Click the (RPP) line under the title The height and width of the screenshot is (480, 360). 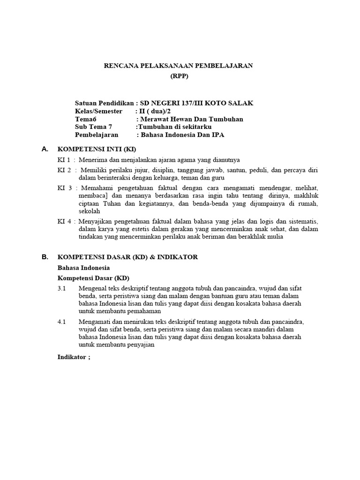(x=180, y=77)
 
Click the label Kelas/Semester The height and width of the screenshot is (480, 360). (x=98, y=111)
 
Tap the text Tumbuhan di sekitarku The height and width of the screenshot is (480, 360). (x=174, y=127)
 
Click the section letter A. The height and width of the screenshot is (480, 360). (x=45, y=149)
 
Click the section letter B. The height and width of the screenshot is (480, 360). (x=45, y=257)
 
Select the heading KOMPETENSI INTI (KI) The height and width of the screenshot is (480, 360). (x=96, y=150)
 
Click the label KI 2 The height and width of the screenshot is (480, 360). (x=65, y=170)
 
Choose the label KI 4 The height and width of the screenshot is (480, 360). (x=65, y=221)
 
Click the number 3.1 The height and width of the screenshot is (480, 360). (x=62, y=288)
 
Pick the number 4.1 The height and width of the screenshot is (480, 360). (x=62, y=322)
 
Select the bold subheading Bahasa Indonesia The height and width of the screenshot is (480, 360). (x=83, y=268)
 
